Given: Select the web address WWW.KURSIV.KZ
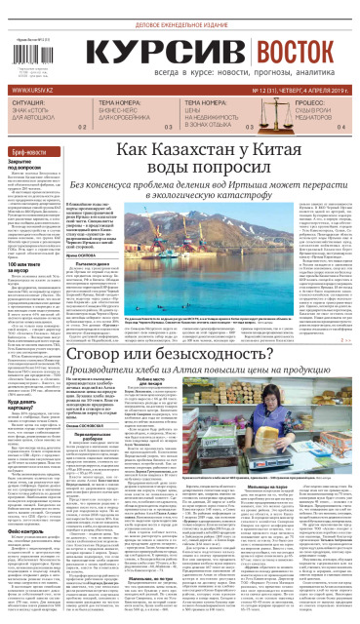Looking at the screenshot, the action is [33, 91].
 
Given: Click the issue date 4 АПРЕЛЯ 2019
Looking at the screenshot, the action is [321, 91].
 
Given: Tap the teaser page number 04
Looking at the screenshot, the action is [341, 128].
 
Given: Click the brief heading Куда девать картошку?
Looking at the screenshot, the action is [26, 376].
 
